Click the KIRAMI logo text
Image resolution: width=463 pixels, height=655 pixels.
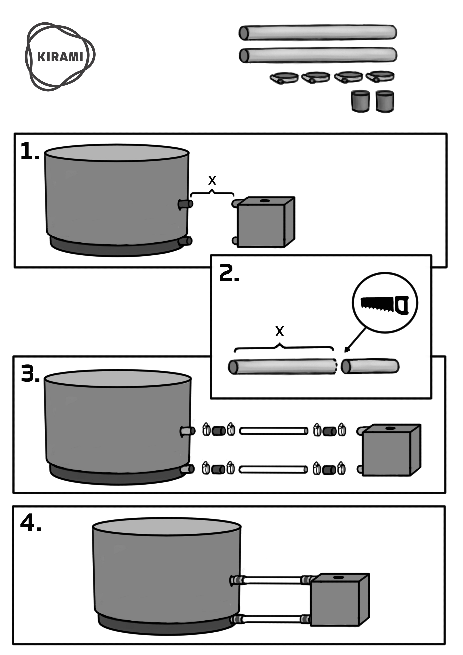60,57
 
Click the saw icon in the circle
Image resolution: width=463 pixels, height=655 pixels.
385,305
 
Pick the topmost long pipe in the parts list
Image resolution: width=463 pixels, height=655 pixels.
318,32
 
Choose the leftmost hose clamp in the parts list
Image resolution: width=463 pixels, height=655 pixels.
284,78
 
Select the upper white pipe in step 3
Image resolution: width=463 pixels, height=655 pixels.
274,431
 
